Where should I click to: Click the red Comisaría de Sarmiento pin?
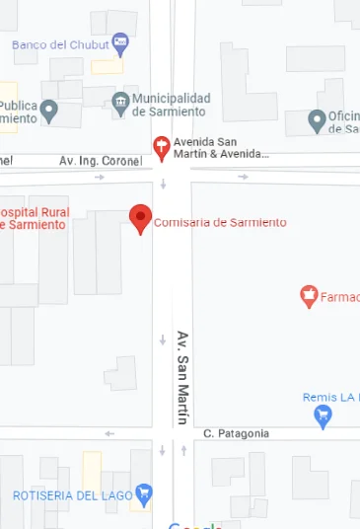click(141, 217)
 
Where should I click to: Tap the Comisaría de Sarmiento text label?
click(220, 222)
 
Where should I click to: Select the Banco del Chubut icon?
click(120, 42)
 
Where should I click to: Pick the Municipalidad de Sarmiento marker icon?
click(120, 103)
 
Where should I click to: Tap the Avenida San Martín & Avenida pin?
click(162, 147)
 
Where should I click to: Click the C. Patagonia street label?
click(236, 433)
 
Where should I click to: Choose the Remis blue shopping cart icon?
click(323, 417)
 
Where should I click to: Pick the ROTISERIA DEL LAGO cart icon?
click(144, 491)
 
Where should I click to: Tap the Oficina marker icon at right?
click(317, 120)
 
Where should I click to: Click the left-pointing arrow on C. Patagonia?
click(109, 433)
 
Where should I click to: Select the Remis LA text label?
click(330, 398)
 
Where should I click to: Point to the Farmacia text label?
click(340, 296)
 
